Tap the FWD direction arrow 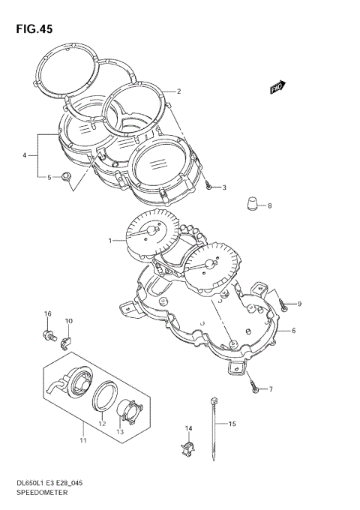click(x=279, y=88)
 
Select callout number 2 click(x=178, y=92)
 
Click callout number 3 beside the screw click(x=223, y=187)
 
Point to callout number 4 click(x=25, y=155)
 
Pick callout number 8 click(x=269, y=205)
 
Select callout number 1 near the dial click(x=109, y=241)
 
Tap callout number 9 click(x=298, y=303)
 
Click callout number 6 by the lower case click(x=293, y=331)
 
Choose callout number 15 click(x=232, y=424)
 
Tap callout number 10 click(x=68, y=322)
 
